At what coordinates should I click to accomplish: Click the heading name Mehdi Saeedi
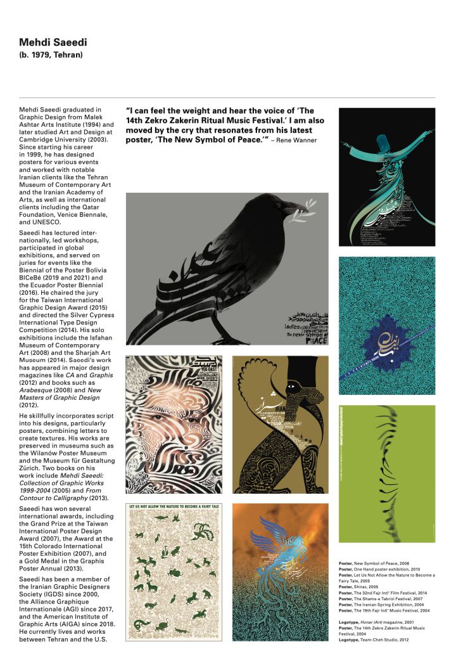tap(53, 42)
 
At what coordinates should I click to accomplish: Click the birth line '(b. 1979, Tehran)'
tap(51, 55)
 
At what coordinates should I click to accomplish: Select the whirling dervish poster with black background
tap(386, 177)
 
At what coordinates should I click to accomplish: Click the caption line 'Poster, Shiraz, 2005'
tap(362, 586)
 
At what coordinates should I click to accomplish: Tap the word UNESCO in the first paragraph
tap(37, 222)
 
